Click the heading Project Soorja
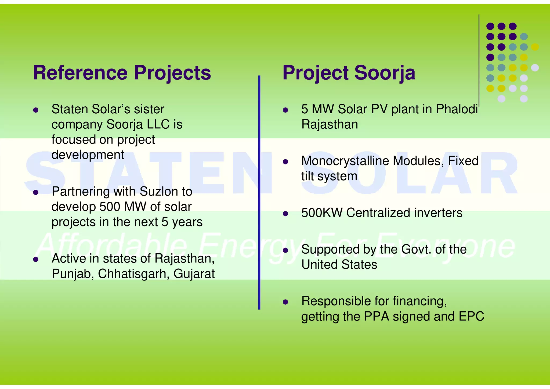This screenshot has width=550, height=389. pyautogui.click(x=349, y=73)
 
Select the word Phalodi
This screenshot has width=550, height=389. pyautogui.click(x=457, y=109)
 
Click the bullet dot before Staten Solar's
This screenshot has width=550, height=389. pyautogui.click(x=36, y=110)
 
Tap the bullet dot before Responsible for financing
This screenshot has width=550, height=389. pyautogui.click(x=285, y=302)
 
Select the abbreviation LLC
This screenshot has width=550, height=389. pyautogui.click(x=158, y=124)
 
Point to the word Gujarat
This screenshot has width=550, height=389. pyautogui.click(x=194, y=274)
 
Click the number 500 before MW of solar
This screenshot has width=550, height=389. pyautogui.click(x=110, y=207)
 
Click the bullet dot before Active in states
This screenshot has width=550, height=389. pyautogui.click(x=36, y=260)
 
